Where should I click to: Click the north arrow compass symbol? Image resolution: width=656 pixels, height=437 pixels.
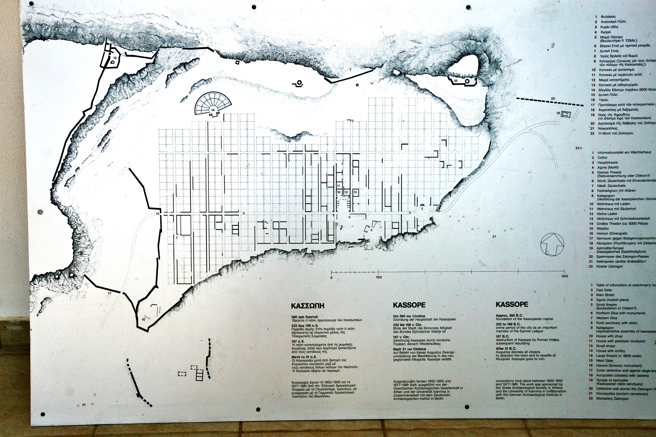pyautogui.click(x=552, y=244)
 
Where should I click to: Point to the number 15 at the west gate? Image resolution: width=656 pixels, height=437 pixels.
pyautogui.click(x=157, y=214)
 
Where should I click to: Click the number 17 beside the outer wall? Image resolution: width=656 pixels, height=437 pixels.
pyautogui.click(x=109, y=293)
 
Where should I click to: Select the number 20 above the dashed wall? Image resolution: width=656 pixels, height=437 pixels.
pyautogui.click(x=553, y=99)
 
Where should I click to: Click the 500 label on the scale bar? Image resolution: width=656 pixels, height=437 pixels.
pyautogui.click(x=564, y=276)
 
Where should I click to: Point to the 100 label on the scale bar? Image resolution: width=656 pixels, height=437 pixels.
pyautogui.click(x=379, y=277)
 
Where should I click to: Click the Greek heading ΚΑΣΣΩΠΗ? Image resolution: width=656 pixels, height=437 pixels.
pyautogui.click(x=308, y=306)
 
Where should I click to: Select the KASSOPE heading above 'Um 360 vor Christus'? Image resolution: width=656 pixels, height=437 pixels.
pyautogui.click(x=409, y=305)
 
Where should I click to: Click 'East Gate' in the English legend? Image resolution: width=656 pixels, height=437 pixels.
pyautogui.click(x=604, y=290)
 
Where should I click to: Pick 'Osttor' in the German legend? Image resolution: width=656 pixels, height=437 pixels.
pyautogui.click(x=602, y=158)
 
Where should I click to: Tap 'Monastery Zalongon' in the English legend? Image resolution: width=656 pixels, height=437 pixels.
pyautogui.click(x=612, y=398)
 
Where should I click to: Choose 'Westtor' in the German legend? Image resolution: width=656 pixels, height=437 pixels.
pyautogui.click(x=603, y=229)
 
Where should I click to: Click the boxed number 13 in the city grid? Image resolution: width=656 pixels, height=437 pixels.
pyautogui.click(x=355, y=192)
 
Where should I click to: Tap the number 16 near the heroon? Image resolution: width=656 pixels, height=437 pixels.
pyautogui.click(x=143, y=319)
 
